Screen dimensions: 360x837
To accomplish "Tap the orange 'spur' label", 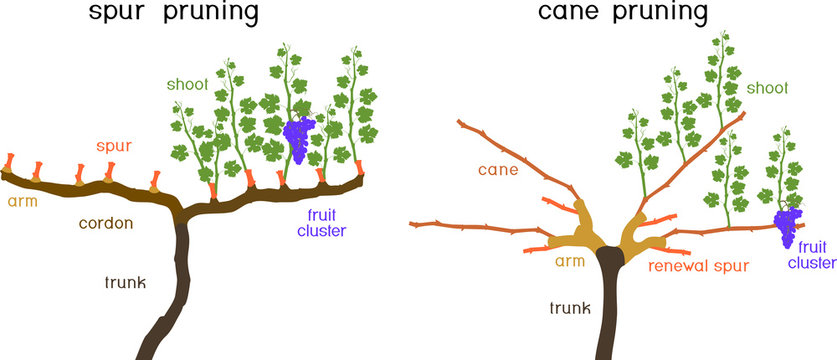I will pos(114,147).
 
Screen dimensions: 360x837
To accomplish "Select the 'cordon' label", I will pos(108,223).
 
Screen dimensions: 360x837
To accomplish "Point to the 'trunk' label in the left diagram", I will pos(125,283).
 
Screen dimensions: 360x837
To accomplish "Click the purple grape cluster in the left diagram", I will pos(299,138).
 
